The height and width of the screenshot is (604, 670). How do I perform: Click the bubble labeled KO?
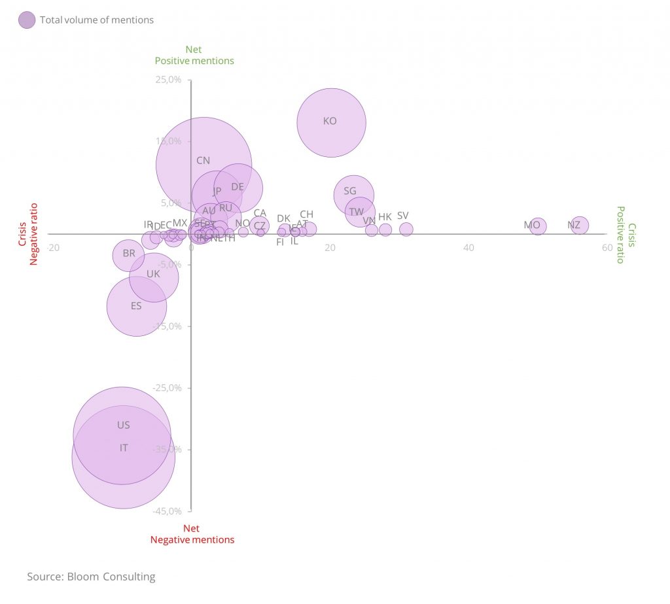click(x=331, y=122)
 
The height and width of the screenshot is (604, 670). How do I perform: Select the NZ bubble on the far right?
click(x=579, y=226)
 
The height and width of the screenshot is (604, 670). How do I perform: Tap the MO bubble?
click(x=538, y=227)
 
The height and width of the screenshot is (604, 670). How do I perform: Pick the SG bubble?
click(x=354, y=194)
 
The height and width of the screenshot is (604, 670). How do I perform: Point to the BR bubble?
click(x=128, y=255)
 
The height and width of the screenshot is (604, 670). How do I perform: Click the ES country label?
click(x=136, y=306)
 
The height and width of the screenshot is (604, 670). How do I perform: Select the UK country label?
click(x=153, y=275)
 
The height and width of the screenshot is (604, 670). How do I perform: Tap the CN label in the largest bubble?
click(x=203, y=161)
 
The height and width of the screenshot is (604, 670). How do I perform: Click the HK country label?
click(x=385, y=217)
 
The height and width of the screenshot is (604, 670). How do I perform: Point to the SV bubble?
click(x=406, y=229)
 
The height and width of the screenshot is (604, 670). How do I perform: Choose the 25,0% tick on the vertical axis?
click(x=168, y=80)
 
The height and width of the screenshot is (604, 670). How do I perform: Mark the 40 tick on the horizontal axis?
click(x=468, y=248)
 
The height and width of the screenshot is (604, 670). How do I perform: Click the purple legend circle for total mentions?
click(x=27, y=20)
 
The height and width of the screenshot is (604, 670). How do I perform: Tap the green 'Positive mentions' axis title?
click(x=194, y=61)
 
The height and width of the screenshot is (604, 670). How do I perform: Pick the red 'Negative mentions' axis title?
click(x=192, y=540)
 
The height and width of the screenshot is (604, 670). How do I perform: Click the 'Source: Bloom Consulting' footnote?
click(x=91, y=577)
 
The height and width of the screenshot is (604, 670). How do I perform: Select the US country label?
click(x=124, y=426)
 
